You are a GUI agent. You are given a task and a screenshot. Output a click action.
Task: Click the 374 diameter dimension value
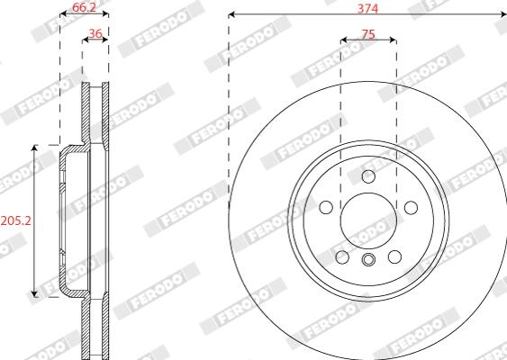[x=367, y=8]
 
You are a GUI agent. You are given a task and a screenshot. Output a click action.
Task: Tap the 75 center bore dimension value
[x=368, y=34]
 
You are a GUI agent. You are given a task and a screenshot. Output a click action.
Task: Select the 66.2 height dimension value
[x=84, y=7]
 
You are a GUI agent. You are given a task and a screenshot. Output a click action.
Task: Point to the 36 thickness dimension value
[x=95, y=33]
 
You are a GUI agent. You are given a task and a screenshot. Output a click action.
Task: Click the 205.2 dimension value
[x=15, y=220]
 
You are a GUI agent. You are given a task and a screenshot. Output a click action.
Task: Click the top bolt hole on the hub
[x=368, y=176]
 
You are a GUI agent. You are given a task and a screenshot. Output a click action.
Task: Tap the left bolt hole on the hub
[x=326, y=207]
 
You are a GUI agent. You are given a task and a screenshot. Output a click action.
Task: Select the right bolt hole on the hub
[x=411, y=208]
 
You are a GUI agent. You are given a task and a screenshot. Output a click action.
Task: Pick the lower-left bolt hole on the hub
[x=342, y=256]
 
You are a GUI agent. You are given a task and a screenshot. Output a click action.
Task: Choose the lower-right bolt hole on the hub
[x=394, y=256]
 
